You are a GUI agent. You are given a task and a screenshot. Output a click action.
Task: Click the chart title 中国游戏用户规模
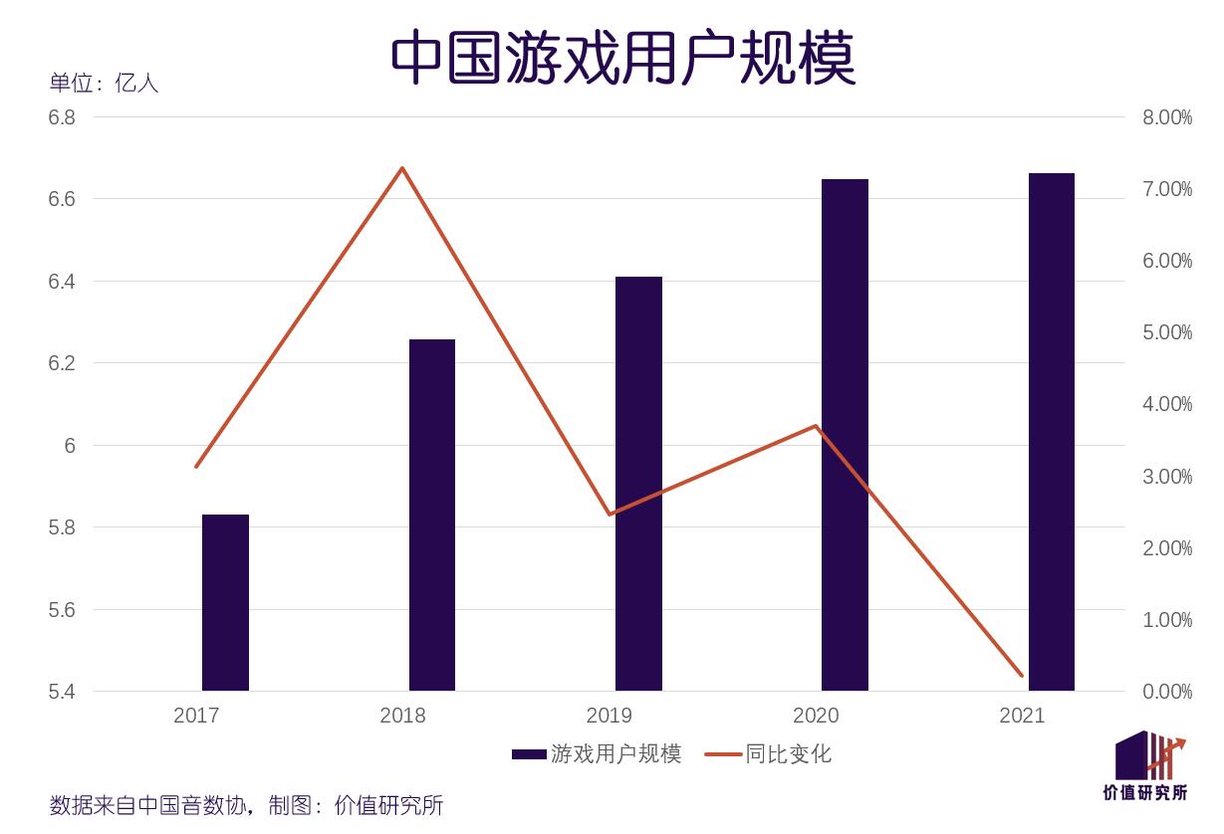[x=622, y=57]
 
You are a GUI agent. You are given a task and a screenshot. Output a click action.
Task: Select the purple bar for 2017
[x=225, y=602]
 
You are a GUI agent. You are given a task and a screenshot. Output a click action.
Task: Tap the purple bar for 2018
[x=431, y=515]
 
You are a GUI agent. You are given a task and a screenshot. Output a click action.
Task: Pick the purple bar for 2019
[x=638, y=483]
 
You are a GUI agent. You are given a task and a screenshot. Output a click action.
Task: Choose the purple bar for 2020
[x=845, y=435]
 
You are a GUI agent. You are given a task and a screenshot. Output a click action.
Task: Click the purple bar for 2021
[x=1051, y=431]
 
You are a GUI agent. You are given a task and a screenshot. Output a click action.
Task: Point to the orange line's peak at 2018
[x=402, y=168]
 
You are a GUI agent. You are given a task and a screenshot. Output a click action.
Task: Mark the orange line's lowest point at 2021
[x=1022, y=676]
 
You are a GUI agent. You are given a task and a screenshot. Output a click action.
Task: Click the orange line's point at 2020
[x=816, y=426]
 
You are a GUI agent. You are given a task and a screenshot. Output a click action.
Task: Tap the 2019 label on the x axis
[x=609, y=716]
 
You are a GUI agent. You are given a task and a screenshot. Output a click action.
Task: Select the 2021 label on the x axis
[x=1022, y=716]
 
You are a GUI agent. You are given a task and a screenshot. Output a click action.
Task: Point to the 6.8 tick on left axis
[x=62, y=117]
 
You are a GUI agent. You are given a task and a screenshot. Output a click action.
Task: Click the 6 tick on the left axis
[x=70, y=445]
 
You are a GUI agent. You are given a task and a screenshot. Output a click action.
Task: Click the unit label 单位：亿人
[x=104, y=83]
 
